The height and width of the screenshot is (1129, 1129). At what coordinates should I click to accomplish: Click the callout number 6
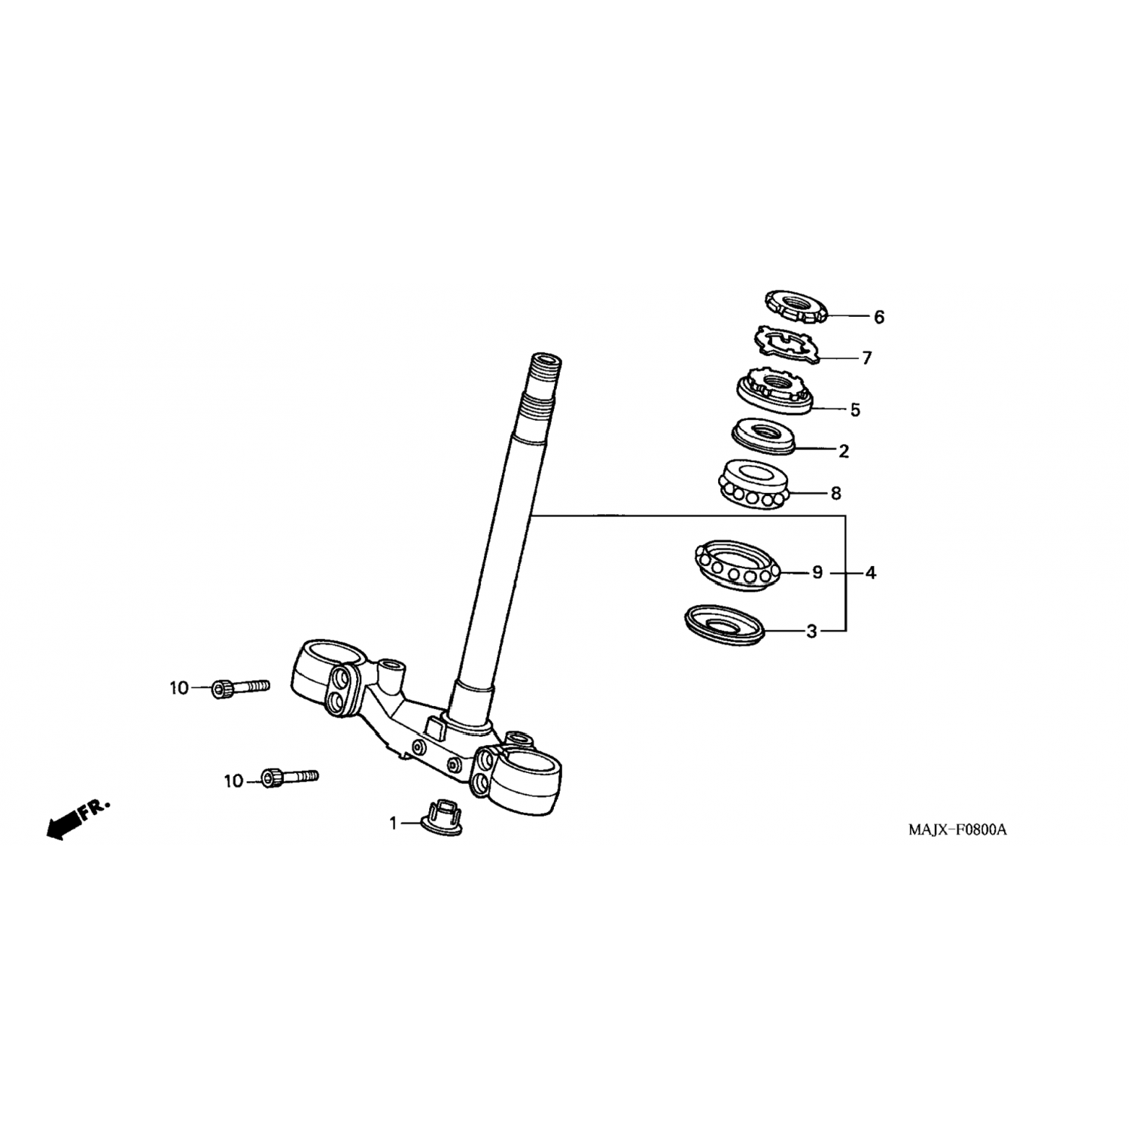click(879, 318)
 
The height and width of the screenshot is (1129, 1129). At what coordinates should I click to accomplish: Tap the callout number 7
click(867, 358)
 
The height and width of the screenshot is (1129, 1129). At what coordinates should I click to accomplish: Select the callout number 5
click(855, 410)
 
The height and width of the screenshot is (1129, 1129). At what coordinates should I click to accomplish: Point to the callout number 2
click(844, 452)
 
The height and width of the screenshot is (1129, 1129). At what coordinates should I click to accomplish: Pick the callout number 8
click(835, 494)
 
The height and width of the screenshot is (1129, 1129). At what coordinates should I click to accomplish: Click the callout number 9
click(817, 573)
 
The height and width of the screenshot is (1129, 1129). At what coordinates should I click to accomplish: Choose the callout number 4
click(871, 573)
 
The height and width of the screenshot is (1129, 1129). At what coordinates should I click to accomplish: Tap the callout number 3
click(811, 631)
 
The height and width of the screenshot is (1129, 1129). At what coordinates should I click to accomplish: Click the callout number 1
click(393, 824)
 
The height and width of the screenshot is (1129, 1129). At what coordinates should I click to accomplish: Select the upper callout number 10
click(178, 688)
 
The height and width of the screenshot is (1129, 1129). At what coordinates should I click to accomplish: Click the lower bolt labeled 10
click(290, 778)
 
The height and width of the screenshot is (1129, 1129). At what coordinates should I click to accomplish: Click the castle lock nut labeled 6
click(796, 306)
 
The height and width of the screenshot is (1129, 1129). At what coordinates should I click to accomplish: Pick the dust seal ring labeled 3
click(725, 623)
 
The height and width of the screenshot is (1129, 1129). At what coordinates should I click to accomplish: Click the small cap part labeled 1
click(443, 817)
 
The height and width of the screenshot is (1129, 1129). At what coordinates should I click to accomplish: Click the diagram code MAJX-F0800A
click(957, 830)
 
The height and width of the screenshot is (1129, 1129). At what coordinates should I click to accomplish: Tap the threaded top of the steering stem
click(543, 376)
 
